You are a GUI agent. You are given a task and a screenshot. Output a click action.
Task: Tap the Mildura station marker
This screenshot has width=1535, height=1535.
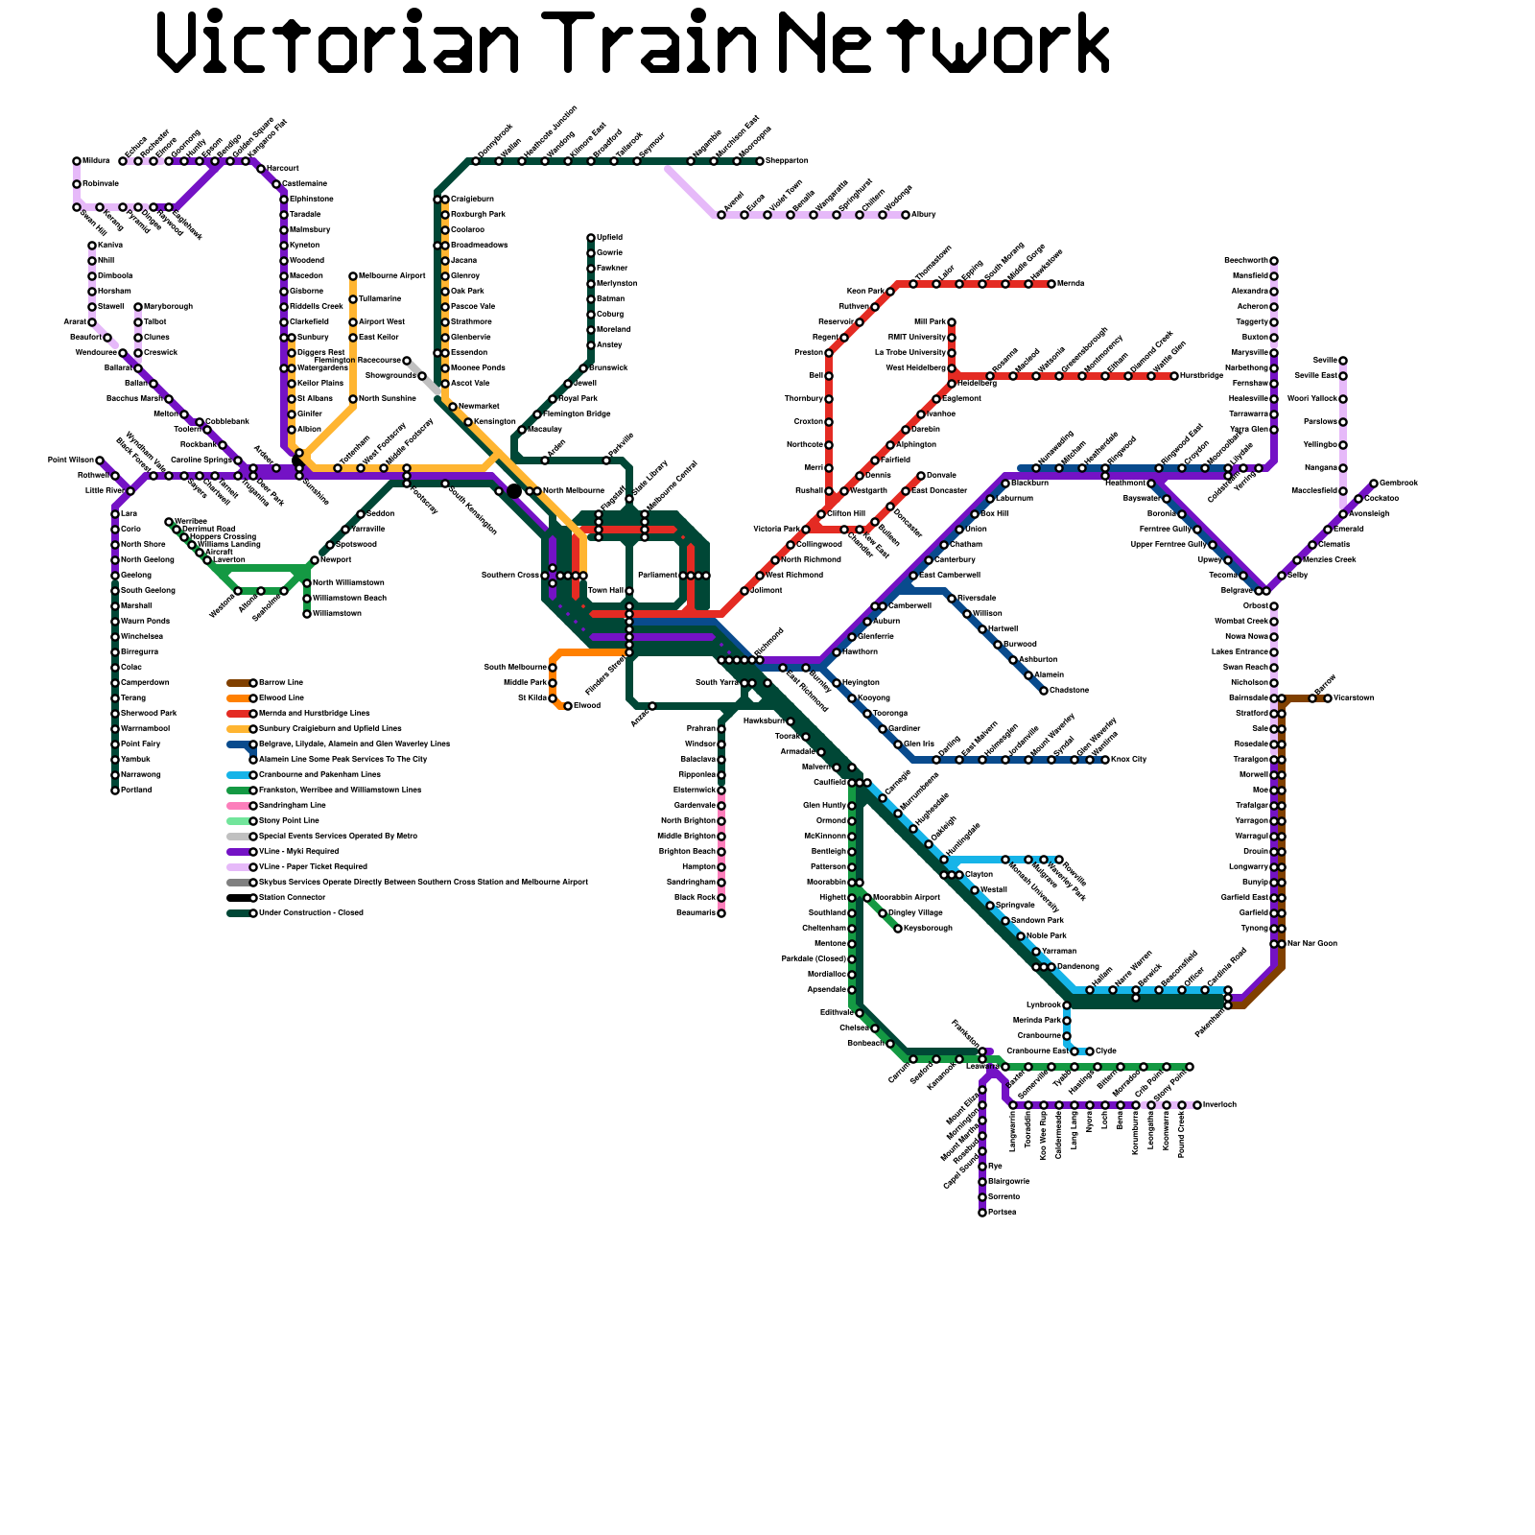click(x=77, y=161)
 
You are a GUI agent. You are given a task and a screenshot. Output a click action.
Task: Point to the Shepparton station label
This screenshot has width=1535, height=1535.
click(x=787, y=161)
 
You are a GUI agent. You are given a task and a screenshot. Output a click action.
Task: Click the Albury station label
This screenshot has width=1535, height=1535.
click(x=923, y=215)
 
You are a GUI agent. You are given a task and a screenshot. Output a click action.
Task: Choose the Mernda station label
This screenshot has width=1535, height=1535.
click(x=1071, y=284)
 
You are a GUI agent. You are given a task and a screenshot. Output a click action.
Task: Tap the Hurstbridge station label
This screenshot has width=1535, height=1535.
click(x=1201, y=376)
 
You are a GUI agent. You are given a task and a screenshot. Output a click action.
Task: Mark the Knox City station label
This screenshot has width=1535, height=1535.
click(x=1128, y=760)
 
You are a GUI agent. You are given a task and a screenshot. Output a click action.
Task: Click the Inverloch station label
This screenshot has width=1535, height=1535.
click(x=1219, y=1105)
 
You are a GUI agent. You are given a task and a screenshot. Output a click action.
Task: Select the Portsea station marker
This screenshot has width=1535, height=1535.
click(x=982, y=1213)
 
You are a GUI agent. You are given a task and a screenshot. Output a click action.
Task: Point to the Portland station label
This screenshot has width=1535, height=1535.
click(x=135, y=791)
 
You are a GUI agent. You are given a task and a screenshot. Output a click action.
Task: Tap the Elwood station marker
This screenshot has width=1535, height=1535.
click(x=568, y=706)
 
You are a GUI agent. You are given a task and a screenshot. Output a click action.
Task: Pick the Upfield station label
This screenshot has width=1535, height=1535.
click(x=609, y=238)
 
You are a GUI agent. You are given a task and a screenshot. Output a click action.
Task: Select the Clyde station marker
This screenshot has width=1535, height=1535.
click(x=1090, y=1051)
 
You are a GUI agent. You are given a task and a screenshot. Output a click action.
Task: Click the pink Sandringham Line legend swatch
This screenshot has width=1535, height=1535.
click(x=238, y=806)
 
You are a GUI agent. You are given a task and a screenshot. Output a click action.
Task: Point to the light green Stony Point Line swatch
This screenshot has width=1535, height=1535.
click(x=238, y=821)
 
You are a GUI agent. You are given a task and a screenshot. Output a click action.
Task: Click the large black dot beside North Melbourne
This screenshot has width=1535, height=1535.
click(x=514, y=491)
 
